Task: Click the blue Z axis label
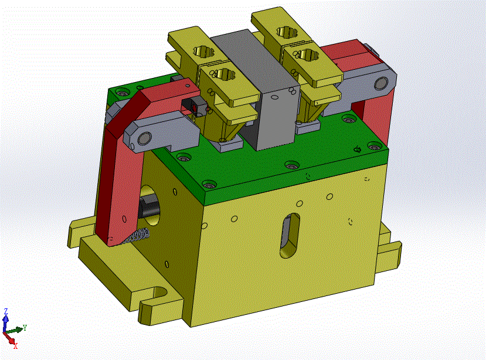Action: [6, 311]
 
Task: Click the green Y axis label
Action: [25, 327]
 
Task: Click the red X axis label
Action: [15, 346]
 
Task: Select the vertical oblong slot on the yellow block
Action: [290, 236]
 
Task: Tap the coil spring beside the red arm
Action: [137, 236]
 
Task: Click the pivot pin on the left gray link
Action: [144, 138]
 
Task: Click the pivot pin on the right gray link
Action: [381, 84]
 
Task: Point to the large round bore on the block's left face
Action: [150, 205]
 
